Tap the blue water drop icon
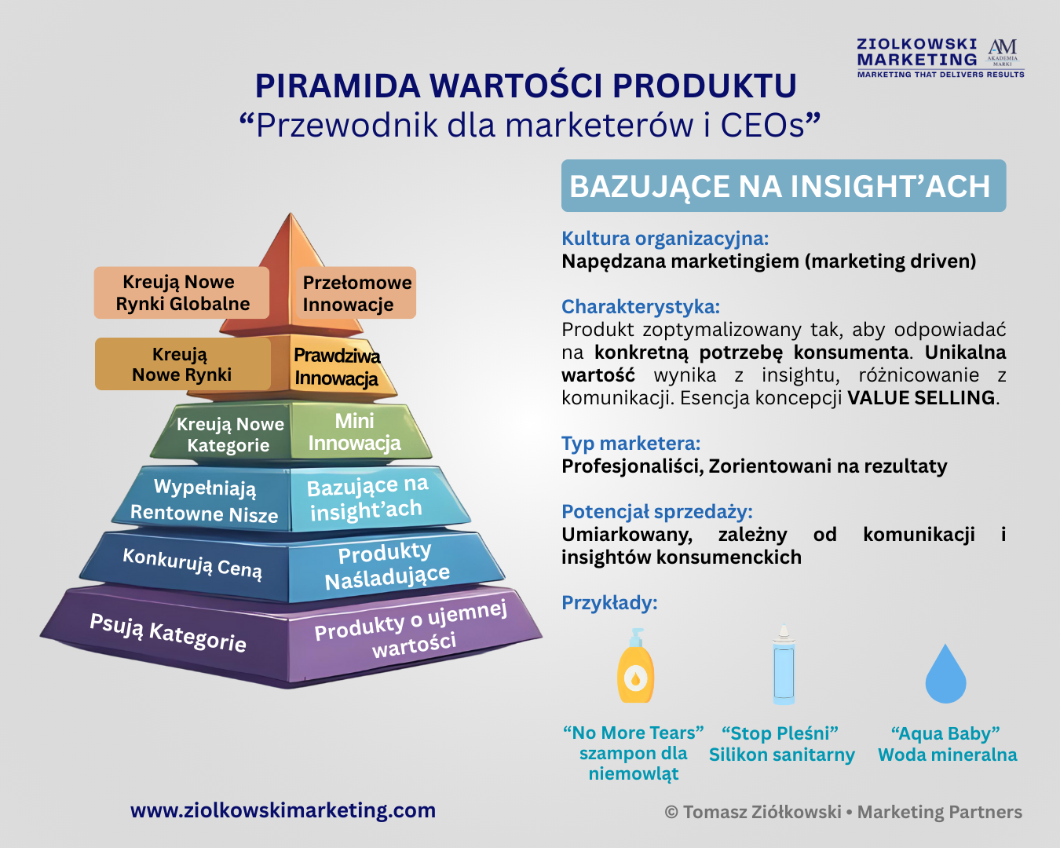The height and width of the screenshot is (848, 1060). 945,674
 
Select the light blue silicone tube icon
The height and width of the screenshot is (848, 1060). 783,663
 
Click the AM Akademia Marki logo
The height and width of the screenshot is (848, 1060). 1003,52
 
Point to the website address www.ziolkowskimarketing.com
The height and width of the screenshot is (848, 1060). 283,810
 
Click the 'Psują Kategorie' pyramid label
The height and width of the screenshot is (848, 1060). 168,633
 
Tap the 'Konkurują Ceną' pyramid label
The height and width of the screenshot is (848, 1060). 192,562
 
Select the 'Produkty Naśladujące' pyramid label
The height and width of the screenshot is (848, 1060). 386,565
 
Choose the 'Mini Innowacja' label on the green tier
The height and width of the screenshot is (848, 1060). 355,432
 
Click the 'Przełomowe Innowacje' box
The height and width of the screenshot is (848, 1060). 356,293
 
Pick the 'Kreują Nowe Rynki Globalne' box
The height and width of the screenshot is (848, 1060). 181,293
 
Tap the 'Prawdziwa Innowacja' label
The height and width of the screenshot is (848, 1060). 337,367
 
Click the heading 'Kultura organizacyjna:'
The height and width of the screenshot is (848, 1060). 665,239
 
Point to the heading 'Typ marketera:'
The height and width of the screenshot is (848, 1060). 631,444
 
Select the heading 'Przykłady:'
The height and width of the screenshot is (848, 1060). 609,602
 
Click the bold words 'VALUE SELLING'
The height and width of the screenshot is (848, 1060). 921,397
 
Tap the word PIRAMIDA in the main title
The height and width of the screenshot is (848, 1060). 338,86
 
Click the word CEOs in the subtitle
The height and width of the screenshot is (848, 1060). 762,125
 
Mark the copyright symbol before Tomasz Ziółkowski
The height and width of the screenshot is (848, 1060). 671,812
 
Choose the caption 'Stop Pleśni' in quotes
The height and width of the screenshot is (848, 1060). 780,733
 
